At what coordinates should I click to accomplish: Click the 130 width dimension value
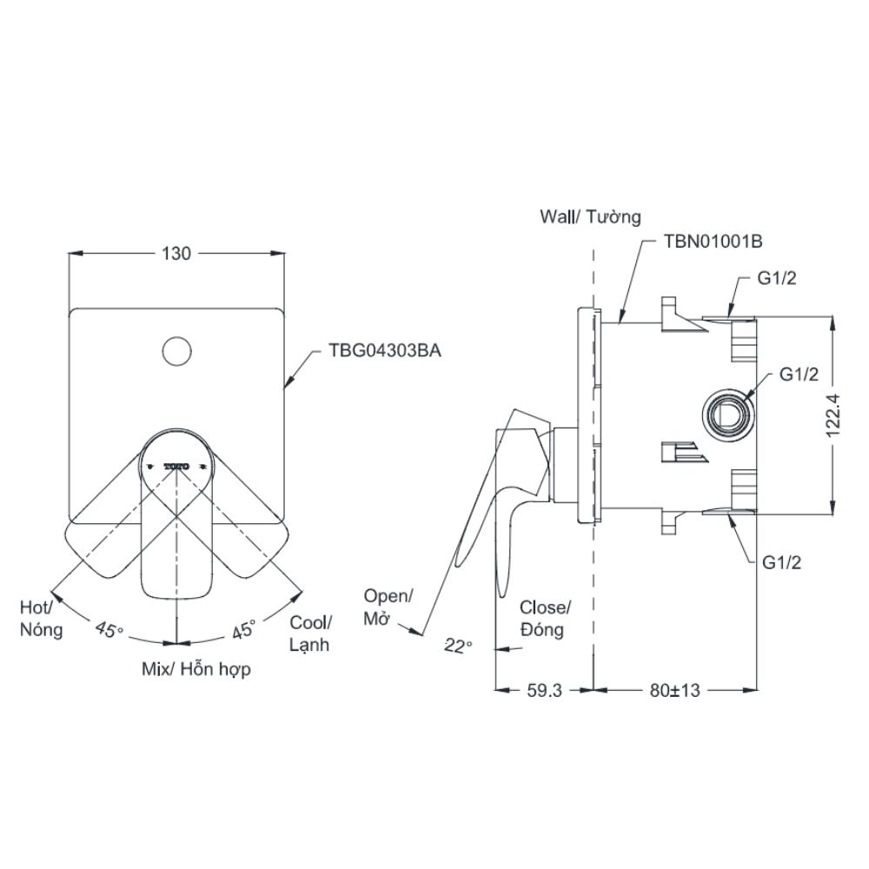pos(176,254)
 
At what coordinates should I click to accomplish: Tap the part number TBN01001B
pos(713,242)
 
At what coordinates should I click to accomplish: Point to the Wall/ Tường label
pos(590,216)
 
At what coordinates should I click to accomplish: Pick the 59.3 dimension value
pos(544,690)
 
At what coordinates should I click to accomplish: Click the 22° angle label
pos(457,645)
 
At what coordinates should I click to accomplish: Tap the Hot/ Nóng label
pos(41,617)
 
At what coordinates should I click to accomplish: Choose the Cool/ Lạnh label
pos(310,633)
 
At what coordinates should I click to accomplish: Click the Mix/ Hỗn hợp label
pos(196,670)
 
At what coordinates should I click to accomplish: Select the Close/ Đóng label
pos(545,618)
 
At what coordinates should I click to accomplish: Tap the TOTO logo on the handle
pos(176,467)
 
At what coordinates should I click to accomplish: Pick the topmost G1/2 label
pos(776,278)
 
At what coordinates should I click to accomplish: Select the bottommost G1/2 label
pos(781,562)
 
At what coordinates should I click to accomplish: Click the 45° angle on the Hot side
pos(109,629)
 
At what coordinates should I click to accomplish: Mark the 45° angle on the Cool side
pos(243,629)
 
